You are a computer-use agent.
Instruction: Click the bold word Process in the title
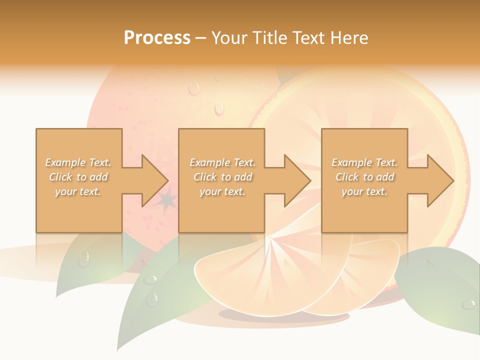tap(157, 38)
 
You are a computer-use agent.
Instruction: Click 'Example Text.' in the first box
tap(78, 162)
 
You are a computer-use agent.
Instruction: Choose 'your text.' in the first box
tap(78, 191)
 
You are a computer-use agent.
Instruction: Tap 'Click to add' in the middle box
tap(222, 177)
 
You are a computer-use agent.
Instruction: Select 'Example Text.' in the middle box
tap(222, 162)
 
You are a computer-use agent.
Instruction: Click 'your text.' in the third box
tap(364, 191)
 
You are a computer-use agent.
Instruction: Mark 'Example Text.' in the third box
tap(364, 162)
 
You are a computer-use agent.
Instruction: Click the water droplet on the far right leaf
tap(468, 304)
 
